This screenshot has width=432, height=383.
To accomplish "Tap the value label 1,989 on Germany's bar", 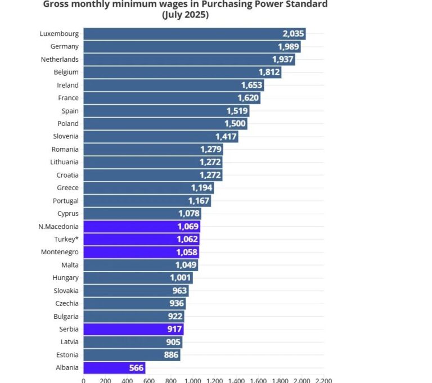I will (x=288, y=47).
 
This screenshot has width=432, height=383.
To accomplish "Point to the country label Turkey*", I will (x=66, y=239).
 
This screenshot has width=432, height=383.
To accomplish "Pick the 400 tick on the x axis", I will (x=127, y=380).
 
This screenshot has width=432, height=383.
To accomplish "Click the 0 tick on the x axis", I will (x=84, y=380).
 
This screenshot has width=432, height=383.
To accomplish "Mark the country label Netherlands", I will (x=60, y=60).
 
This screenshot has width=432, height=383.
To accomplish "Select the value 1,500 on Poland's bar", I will (x=235, y=124).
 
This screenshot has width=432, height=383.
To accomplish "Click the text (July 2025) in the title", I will (x=185, y=15).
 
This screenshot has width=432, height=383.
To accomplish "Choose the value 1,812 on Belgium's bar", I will (x=269, y=73).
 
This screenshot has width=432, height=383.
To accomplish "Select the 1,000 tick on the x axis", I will (x=192, y=380).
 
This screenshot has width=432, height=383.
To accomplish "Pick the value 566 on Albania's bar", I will (x=134, y=368).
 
